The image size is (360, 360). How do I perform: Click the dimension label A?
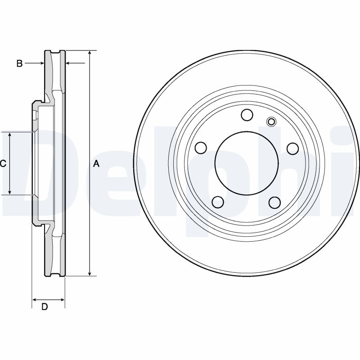(x=96, y=164)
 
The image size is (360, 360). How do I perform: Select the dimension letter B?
(x=19, y=63)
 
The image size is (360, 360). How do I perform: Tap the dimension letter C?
(x=3, y=164)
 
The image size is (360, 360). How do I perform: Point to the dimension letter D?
(x=45, y=307)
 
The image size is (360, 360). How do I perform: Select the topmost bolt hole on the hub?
(x=247, y=116)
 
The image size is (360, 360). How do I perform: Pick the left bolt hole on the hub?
(x=201, y=148)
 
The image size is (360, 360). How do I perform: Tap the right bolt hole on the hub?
(x=292, y=148)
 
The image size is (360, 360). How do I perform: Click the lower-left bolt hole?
(x=218, y=202)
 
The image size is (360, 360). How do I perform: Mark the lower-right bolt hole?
(x=274, y=202)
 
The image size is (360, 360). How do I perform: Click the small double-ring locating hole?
(x=271, y=121)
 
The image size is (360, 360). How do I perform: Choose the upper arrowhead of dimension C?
(x=10, y=135)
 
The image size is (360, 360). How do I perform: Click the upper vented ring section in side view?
(x=55, y=72)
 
